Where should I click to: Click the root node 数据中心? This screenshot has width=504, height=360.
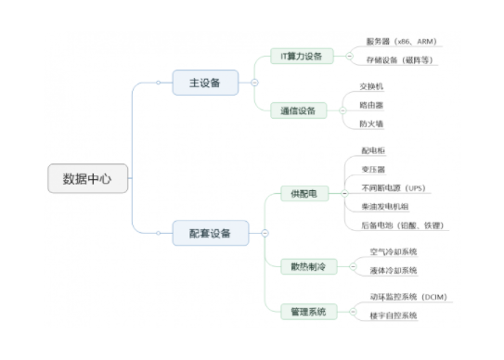86,179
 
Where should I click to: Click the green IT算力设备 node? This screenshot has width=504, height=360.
301,56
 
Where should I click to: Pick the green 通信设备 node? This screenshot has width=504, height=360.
299,110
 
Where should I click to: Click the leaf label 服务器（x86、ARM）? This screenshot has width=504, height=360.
400,42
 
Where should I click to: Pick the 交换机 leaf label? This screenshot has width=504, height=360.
372,86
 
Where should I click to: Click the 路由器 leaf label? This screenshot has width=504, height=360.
372,105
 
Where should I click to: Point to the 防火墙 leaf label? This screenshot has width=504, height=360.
372,123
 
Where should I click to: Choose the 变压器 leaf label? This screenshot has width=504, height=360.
373,169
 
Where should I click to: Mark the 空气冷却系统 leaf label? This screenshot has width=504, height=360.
394,251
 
